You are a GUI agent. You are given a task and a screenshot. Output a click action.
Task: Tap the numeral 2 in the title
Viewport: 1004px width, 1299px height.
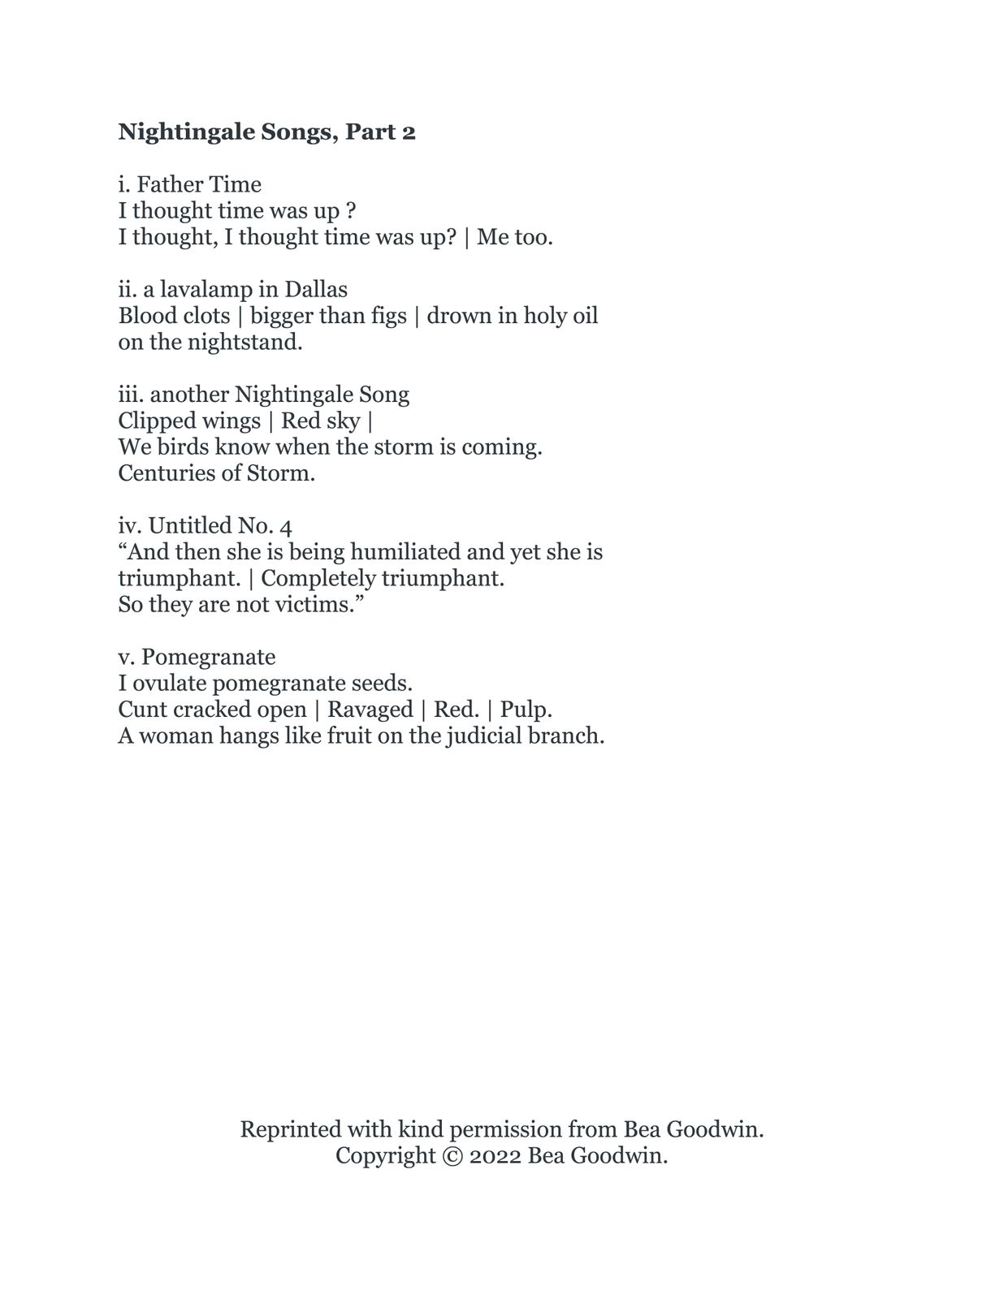[x=409, y=132]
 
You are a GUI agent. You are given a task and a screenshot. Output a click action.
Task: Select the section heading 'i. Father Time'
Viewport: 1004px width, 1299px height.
[x=189, y=184]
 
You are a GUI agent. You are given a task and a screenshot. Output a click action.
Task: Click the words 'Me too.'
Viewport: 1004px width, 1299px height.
[x=515, y=237]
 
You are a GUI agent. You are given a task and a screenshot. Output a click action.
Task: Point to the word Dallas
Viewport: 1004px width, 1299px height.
[x=316, y=289]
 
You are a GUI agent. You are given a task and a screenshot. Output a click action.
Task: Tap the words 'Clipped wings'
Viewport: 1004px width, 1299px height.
[x=189, y=421]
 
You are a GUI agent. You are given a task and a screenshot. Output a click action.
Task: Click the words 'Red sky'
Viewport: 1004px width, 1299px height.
[x=320, y=421]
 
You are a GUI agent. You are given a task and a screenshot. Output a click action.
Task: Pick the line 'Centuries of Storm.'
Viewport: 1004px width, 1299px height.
[x=216, y=473]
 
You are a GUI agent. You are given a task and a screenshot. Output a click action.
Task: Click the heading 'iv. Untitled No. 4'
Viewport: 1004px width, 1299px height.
[x=205, y=525]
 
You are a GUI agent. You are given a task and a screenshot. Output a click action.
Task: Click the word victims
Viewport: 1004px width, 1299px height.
[x=319, y=605]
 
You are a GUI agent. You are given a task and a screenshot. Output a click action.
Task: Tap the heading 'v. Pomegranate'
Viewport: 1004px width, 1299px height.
[x=197, y=657]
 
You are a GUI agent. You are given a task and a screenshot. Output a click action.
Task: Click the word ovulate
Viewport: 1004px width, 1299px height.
[x=169, y=684]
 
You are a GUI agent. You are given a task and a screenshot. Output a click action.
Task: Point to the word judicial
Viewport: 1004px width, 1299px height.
[x=484, y=736]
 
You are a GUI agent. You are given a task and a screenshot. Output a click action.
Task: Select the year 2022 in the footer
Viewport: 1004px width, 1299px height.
[x=495, y=1156]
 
